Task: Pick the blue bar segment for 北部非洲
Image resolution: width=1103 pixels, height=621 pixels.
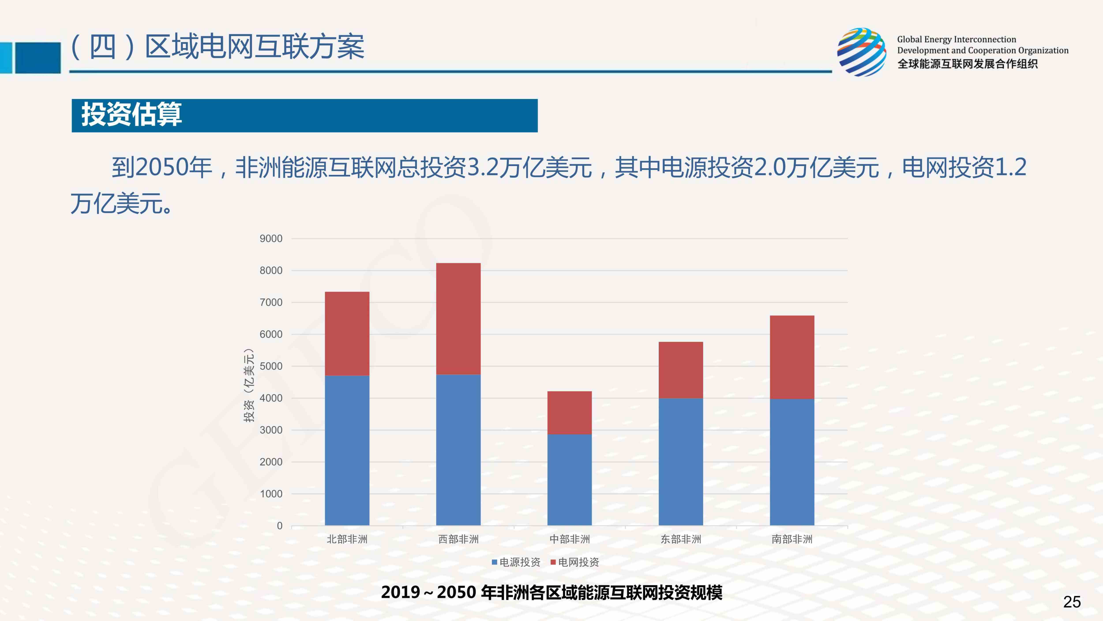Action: pos(347,450)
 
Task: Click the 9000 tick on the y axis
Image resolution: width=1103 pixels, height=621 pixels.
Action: pos(271,239)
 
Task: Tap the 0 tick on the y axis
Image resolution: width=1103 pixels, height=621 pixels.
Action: pos(280,526)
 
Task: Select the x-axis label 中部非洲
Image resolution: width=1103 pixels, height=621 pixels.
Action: pos(570,539)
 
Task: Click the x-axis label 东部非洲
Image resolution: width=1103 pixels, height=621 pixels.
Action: pos(680,539)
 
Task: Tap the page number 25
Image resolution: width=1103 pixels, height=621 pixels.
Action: pos(1072,602)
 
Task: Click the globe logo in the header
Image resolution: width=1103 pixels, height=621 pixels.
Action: pos(861,52)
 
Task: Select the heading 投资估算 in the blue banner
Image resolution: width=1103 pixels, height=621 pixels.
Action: pos(131,115)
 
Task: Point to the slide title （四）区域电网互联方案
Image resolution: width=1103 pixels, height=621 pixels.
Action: pos(218,47)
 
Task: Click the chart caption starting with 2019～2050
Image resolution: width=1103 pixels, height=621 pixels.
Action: pos(551,592)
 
